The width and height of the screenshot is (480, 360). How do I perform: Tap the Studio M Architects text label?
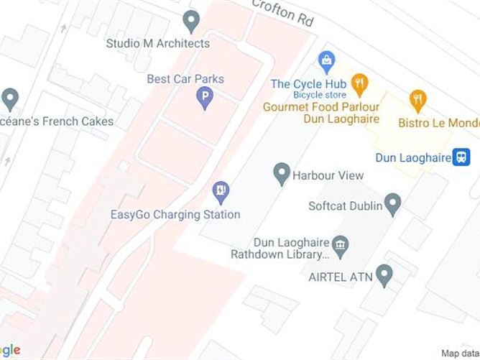(x=158, y=43)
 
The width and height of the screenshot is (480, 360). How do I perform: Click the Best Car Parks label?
(x=185, y=79)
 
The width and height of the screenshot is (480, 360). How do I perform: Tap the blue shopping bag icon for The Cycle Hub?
(x=327, y=60)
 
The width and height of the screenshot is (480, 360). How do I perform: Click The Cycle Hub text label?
(x=308, y=84)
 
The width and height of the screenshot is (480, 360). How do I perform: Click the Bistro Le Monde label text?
(x=438, y=123)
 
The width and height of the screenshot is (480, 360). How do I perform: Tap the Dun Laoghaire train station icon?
(x=461, y=157)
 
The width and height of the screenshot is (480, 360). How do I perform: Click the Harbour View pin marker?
(x=282, y=173)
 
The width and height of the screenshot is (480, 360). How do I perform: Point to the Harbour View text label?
(x=328, y=175)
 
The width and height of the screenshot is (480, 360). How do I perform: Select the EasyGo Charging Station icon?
(x=220, y=191)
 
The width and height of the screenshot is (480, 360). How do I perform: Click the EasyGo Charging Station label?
(x=175, y=214)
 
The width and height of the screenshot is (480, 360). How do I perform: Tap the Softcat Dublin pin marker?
(x=392, y=204)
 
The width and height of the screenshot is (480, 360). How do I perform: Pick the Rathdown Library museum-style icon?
(x=341, y=244)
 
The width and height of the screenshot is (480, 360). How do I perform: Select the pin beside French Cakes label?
(x=10, y=98)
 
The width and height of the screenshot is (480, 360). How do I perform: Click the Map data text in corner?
(x=459, y=353)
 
